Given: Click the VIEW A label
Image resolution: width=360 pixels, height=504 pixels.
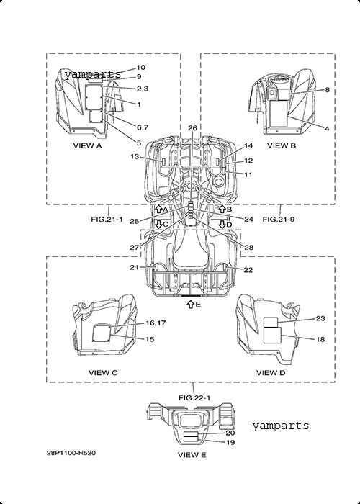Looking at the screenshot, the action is [87, 145].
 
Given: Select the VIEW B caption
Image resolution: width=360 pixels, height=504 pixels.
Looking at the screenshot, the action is [282, 145].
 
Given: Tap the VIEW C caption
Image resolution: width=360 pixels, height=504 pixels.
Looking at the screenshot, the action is [103, 372].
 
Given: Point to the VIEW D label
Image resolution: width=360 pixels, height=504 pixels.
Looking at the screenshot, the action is [271, 372].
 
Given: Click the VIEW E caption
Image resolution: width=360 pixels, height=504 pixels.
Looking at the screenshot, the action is [192, 455].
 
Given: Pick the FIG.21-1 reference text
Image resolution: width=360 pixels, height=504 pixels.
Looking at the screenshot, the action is [107, 219].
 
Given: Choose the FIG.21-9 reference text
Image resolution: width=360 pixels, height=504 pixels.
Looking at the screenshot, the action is [279, 219].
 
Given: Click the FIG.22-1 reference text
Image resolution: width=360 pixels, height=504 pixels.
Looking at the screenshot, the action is [194, 397].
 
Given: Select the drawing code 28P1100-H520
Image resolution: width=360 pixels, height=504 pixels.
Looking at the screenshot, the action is [71, 453].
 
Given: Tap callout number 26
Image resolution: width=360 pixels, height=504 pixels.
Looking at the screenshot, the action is [192, 128].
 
